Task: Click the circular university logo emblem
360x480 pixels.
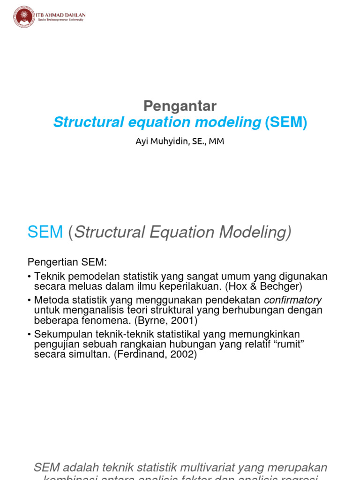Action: [24, 17]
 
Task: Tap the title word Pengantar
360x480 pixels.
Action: [180, 105]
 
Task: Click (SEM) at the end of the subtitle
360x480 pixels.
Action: [286, 122]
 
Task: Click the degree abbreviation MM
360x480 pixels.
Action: [216, 142]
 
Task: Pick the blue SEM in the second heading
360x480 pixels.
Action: [45, 232]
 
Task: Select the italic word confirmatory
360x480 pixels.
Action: [293, 300]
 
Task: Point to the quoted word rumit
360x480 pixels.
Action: [291, 345]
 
